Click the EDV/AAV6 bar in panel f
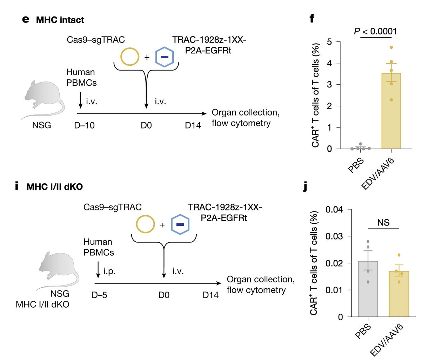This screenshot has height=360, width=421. (x=391, y=112)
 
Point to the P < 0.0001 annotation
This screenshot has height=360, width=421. (x=375, y=31)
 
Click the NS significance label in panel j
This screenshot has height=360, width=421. (x=383, y=223)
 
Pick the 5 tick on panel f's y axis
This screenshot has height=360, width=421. (x=329, y=42)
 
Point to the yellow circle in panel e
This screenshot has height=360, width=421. (x=129, y=57)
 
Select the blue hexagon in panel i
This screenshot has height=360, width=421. (x=180, y=224)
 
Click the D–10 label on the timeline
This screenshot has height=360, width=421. (x=85, y=125)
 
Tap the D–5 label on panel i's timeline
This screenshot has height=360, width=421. (x=99, y=295)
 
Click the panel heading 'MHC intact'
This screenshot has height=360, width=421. (x=60, y=20)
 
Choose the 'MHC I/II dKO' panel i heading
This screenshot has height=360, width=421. (x=55, y=186)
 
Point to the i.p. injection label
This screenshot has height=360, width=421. (x=109, y=271)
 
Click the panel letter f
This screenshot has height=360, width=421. (x=312, y=18)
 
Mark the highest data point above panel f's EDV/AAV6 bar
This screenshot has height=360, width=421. (x=391, y=47)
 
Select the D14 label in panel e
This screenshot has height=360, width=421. (x=193, y=125)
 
